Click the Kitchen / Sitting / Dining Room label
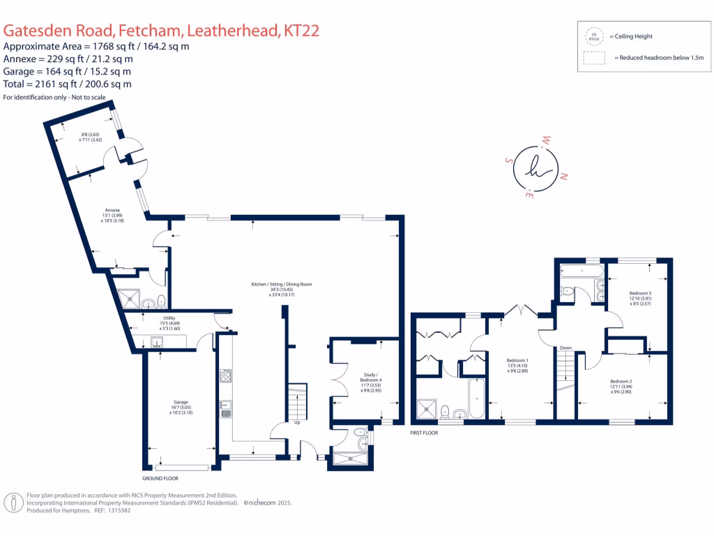pos(282,285)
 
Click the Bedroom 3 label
pos(639,293)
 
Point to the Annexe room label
pos(113,210)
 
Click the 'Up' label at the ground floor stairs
pos(298,422)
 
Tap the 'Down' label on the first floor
pos(565,347)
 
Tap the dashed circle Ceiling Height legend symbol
pos(594,36)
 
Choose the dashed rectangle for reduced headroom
pos(594,59)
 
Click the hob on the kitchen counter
pos(226,377)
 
